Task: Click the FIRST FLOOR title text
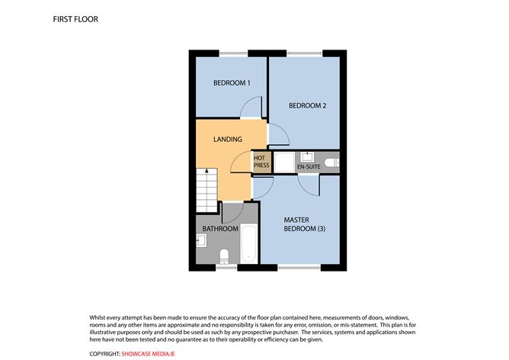(75, 18)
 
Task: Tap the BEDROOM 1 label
(231, 82)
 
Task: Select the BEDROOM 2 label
(307, 106)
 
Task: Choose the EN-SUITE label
(307, 166)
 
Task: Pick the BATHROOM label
(219, 228)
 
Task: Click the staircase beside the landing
(206, 191)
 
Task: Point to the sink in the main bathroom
(201, 242)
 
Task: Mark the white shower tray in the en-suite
(282, 162)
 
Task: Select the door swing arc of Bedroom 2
(279, 136)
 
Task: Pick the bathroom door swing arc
(232, 213)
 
